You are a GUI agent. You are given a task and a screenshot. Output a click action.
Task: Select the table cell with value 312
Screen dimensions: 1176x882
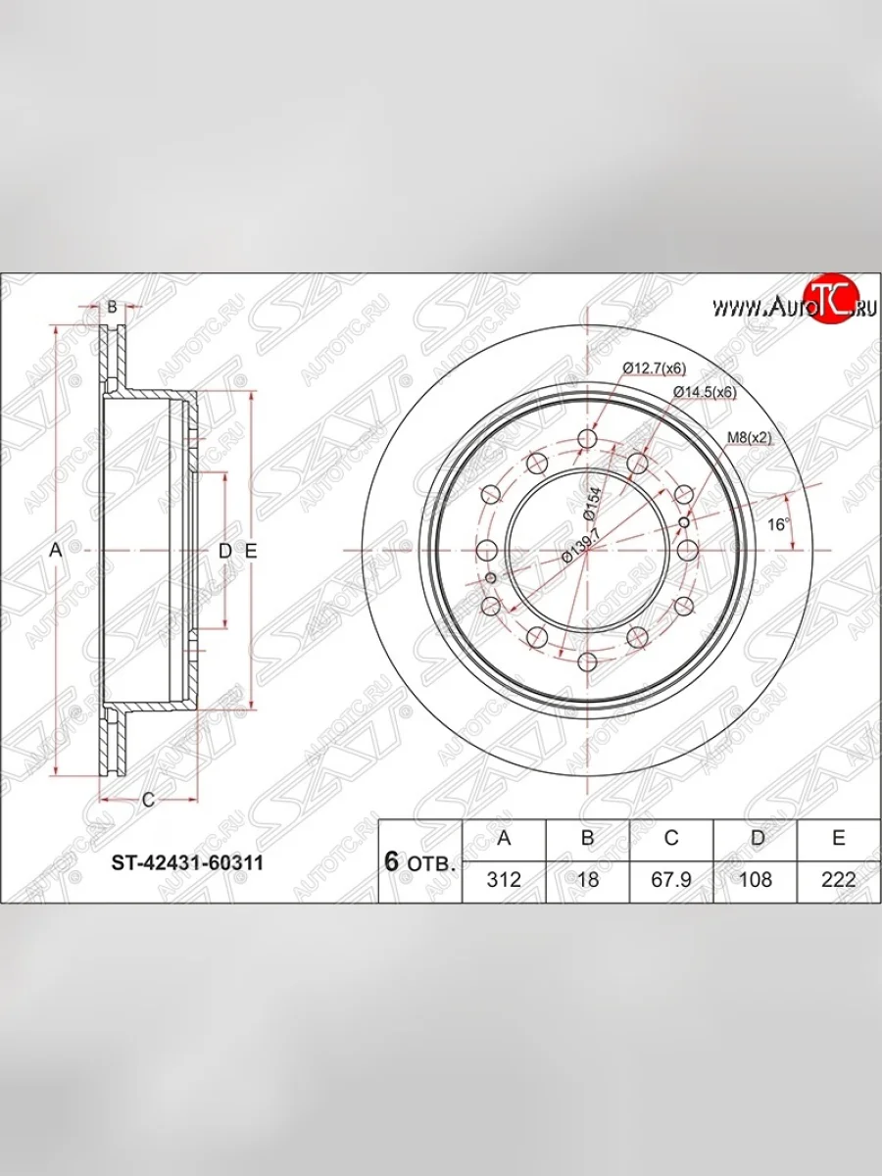(504, 879)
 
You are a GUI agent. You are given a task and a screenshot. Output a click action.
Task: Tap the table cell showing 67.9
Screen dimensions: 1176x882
(671, 879)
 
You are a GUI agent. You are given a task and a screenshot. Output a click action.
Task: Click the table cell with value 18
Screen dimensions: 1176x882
(588, 879)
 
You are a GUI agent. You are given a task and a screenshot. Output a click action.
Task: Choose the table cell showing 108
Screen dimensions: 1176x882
(755, 879)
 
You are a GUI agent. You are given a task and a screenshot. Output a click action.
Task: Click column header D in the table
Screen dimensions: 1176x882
(755, 838)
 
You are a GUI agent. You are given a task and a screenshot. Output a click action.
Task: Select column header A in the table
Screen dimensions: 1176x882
(504, 838)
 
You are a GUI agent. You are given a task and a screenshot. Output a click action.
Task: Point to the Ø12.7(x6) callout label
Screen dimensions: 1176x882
(654, 367)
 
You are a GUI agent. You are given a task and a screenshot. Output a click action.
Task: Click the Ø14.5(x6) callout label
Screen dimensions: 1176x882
(704, 392)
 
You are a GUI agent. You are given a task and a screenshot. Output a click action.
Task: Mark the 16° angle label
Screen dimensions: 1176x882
(778, 524)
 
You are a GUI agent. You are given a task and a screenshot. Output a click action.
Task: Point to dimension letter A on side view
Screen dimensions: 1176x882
(56, 552)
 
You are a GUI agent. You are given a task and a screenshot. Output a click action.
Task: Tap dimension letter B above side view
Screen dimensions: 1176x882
(112, 308)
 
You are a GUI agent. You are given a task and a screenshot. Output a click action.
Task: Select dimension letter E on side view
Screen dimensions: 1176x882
(251, 552)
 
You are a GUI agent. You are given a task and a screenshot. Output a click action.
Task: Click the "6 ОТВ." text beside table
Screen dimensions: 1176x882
(419, 862)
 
